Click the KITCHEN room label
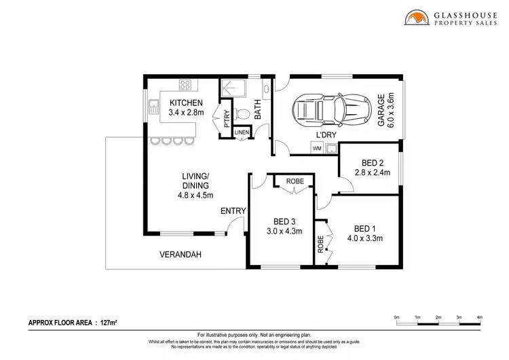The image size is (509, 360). tap(185, 103)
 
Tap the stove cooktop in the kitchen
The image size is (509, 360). tap(185, 85)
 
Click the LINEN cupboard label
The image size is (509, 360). tap(242, 132)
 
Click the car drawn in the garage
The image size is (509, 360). tap(326, 109)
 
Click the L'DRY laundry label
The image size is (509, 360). tap(326, 135)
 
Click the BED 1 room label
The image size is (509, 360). tap(365, 228)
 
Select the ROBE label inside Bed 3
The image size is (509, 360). tap(295, 181)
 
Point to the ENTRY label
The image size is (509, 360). tap(233, 211)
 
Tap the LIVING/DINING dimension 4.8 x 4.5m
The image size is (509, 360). tap(195, 195)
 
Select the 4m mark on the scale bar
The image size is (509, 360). tap(479, 317)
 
